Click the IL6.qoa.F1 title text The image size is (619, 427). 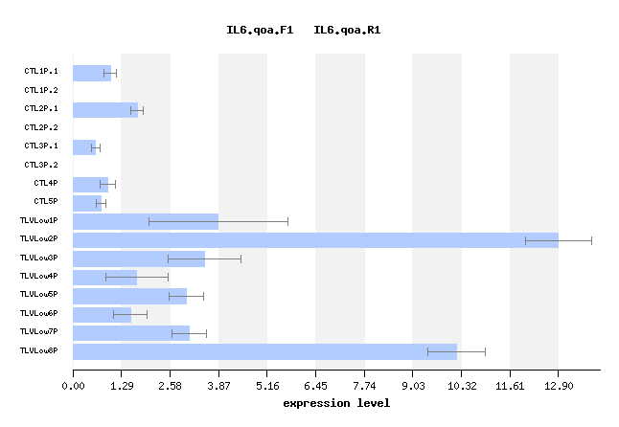(260, 31)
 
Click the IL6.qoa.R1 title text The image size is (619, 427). (347, 31)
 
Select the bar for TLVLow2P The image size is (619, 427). (315, 240)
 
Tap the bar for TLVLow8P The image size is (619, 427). (264, 351)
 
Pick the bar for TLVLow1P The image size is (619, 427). (146, 221)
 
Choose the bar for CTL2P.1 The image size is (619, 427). (105, 110)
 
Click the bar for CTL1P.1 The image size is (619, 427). (92, 73)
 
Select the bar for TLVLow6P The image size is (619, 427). (102, 314)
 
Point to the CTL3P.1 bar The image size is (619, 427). (84, 147)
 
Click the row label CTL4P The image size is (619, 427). (46, 183)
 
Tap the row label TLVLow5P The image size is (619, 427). (39, 295)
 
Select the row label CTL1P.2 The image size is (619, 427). (41, 90)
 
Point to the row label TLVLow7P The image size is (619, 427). (39, 332)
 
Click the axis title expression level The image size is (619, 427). (336, 403)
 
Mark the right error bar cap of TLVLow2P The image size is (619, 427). (591, 240)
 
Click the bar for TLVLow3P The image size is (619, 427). (139, 258)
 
